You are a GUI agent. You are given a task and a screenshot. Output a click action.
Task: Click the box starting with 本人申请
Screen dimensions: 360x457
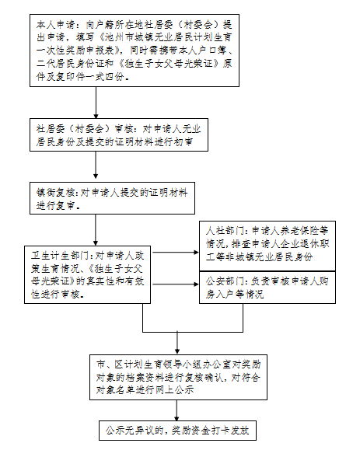coord(135,51)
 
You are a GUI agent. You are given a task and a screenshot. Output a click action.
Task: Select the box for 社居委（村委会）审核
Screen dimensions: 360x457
coord(119,134)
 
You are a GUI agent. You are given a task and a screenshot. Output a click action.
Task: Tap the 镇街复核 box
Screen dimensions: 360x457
coord(112,198)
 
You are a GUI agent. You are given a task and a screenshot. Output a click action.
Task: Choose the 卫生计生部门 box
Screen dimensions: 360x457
coord(87,274)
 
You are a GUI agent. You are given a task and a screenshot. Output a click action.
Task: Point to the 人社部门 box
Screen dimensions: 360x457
coord(267,246)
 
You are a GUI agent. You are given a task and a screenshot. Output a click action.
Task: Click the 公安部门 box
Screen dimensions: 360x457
coord(267,288)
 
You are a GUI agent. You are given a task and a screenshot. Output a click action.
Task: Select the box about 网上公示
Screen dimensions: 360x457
coord(178,377)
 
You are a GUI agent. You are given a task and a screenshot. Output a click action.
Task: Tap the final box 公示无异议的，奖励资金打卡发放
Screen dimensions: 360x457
coord(177,431)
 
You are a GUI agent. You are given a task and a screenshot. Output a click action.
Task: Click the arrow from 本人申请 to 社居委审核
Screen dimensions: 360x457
coord(96,103)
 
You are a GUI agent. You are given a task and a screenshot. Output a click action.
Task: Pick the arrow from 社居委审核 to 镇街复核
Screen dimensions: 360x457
coord(96,165)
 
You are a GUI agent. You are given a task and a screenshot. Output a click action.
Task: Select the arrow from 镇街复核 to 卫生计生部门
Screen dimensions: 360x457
coord(96,230)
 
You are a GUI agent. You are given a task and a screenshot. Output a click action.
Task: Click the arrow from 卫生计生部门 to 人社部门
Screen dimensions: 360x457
coord(176,252)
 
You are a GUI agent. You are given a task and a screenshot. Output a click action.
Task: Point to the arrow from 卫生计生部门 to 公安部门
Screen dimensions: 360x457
coord(176,284)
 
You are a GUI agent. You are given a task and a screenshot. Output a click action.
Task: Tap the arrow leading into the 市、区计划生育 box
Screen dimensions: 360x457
coord(177,343)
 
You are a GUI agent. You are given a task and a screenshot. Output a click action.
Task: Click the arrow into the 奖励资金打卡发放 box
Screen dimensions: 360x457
coord(177,410)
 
